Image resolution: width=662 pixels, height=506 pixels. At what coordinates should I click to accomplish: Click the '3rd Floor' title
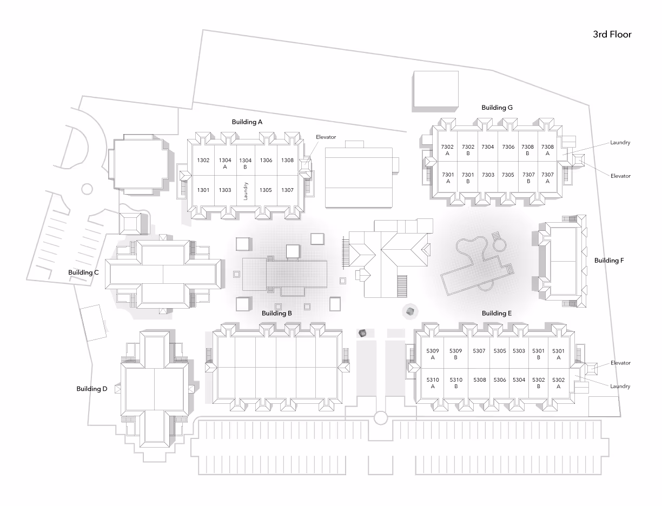coord(612,35)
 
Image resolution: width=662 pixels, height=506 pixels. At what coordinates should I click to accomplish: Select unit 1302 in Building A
coord(203,161)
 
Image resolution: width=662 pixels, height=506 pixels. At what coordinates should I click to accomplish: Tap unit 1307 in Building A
coord(287,190)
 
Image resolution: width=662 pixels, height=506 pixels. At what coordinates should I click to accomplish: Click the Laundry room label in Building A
coord(246,191)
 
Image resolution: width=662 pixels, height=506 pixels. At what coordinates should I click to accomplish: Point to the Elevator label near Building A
coord(326,137)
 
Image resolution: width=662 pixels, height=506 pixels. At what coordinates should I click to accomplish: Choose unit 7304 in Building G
coord(488,147)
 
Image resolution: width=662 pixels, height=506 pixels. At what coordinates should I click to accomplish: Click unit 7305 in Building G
coord(507,175)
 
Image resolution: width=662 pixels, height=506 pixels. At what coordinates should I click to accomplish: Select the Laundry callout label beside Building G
coord(620,143)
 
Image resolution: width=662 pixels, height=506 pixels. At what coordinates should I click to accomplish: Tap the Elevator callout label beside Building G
coord(620,176)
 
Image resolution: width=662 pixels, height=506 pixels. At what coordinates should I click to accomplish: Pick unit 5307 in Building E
coord(479,351)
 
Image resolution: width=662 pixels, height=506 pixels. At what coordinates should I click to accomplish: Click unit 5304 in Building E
coord(519,379)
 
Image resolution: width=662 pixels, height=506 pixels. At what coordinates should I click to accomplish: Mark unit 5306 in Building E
coord(499,379)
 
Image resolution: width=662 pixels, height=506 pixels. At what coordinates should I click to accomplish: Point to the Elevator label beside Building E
coord(620,363)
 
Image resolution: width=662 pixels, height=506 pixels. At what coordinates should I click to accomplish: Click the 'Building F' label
coord(609,261)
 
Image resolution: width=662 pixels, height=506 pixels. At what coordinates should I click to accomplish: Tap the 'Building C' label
coord(83,272)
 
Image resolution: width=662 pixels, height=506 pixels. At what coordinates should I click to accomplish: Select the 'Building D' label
coord(91,389)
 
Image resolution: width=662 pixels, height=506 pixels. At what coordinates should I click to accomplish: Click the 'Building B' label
coord(277,313)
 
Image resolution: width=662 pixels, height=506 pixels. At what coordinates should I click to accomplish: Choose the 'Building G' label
coord(497,108)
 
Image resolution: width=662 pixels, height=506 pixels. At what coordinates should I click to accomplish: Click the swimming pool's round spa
coord(500,245)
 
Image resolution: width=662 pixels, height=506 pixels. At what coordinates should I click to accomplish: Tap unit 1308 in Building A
coord(287,161)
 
